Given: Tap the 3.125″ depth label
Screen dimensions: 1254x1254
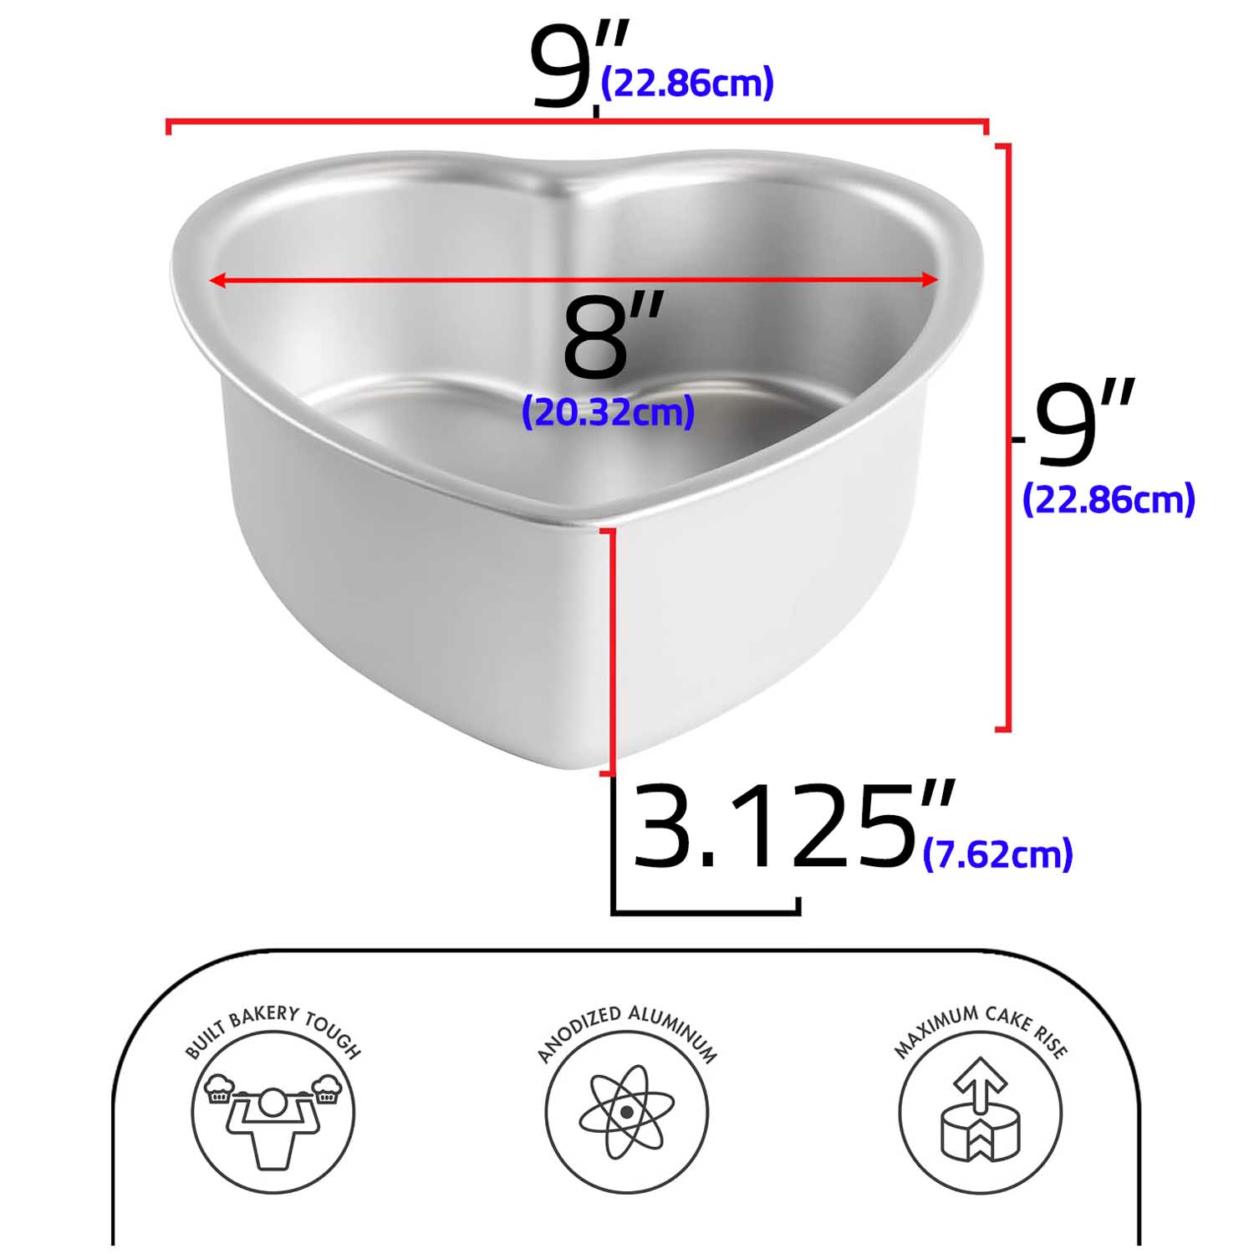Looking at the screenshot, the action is (793, 825).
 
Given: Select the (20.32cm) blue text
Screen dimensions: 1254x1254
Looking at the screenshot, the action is (608, 411).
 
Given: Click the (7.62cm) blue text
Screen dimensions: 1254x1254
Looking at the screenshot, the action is (997, 854).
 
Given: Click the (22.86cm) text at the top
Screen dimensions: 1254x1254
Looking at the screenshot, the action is (687, 83).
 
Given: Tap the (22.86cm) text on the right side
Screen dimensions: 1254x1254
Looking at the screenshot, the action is (1109, 499).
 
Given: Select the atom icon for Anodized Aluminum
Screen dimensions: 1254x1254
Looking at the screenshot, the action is (626, 1113).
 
